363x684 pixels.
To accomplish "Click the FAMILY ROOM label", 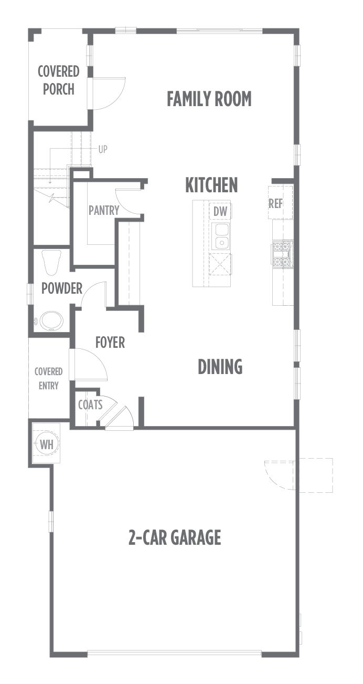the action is pos(209,99).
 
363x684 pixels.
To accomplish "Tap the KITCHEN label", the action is pos(211,185).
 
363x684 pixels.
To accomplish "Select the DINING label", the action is pos(220,367).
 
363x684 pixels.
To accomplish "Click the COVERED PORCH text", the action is pos(59,80).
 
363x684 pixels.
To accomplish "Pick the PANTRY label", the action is pos(104,210).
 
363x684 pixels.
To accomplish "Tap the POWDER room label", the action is pos(62,288).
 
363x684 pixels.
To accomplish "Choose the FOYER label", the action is pos(110,343).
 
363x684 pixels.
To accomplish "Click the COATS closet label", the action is pos(90,405).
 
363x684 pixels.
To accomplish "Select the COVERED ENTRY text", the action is pos(48,379).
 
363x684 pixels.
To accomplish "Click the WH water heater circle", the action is pos(47,444).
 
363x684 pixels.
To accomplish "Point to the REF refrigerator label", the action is pos(275,204).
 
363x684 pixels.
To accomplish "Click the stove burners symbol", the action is pos(282,253).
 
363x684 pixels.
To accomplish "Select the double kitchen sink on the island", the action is pos(220,236).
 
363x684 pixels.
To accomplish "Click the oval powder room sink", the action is pos(52,320).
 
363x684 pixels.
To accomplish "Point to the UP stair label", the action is pos(103,150).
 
